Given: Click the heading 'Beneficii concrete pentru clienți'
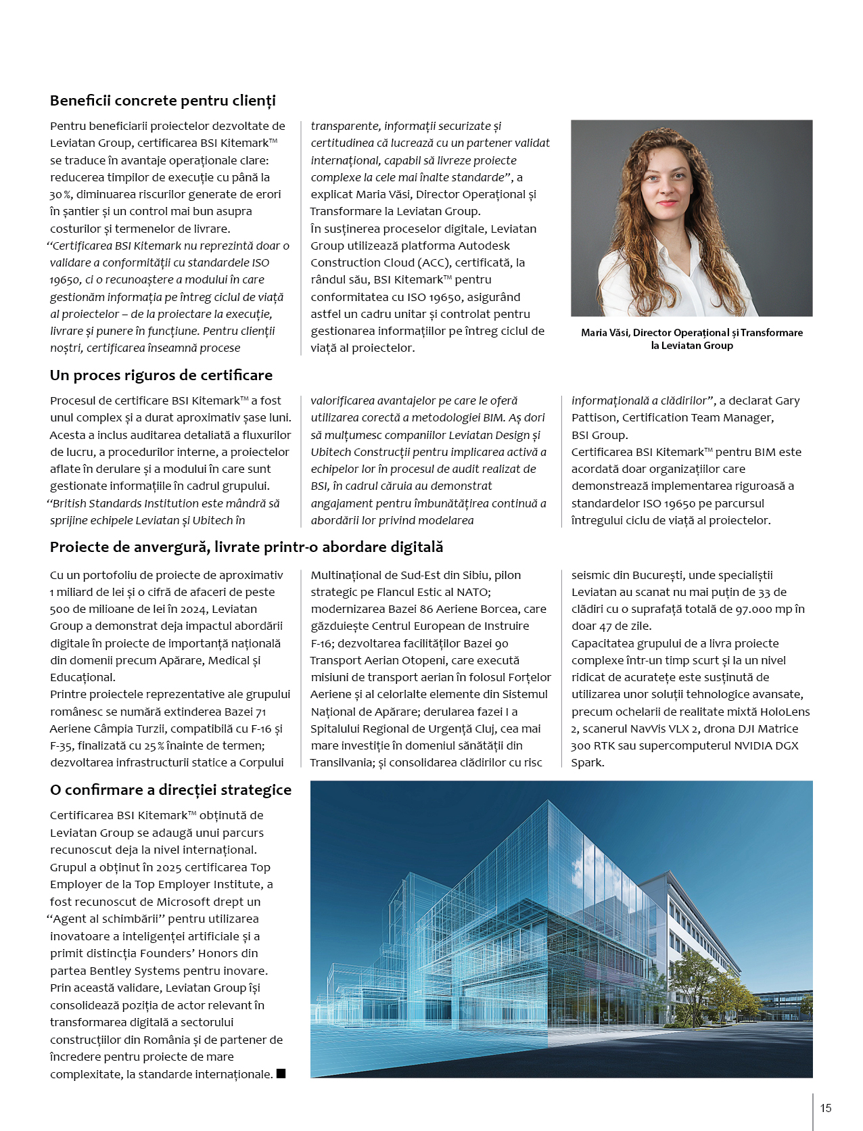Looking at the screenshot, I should [x=162, y=101].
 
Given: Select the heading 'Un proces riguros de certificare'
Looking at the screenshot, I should [x=161, y=375].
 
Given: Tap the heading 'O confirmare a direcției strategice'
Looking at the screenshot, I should [x=170, y=790].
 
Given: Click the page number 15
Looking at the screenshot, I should [x=826, y=1108].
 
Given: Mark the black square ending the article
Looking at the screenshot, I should [x=281, y=1074].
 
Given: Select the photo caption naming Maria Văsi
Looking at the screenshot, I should [x=691, y=339].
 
